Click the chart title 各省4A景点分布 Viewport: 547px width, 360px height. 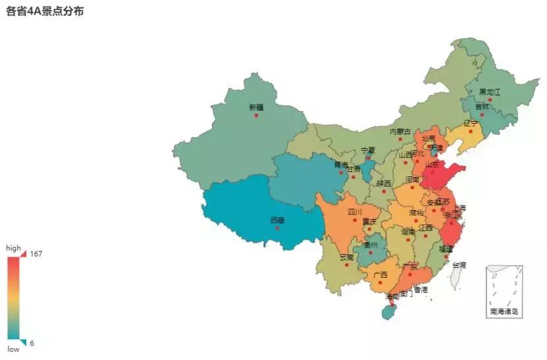pos(45,12)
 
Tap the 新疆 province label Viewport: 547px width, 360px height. pos(256,107)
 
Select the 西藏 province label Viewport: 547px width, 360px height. pos(277,220)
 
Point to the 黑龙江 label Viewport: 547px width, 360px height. pos(489,92)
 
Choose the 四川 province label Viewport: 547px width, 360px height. pos(355,212)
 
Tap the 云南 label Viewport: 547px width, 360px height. pos(346,257)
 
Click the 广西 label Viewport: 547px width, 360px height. pos(380,274)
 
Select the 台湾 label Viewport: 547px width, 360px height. pos(458,265)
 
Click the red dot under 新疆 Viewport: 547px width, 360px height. pos(256,115)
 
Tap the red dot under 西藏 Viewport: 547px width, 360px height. pos(277,228)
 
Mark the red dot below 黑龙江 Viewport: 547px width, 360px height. pos(490,100)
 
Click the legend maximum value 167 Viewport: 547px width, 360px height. pos(36,254)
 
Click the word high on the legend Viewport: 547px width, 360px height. pos(14,248)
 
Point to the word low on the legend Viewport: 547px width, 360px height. pos(13,349)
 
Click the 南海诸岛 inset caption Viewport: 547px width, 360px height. pos(504,311)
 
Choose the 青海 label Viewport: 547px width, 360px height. pos(340,165)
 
